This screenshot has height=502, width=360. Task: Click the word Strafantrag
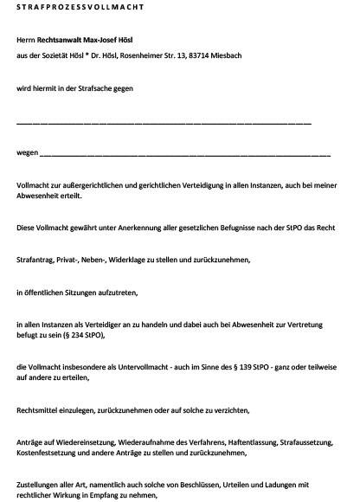coord(39,259)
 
